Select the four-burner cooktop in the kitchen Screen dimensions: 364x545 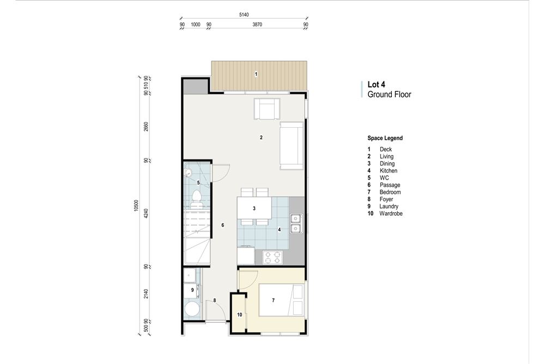coord(272,257)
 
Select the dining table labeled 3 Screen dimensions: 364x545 coord(254,208)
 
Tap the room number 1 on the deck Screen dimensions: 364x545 coord(256,74)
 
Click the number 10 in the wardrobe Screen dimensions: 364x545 coord(239,315)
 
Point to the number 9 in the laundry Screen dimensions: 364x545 coord(192,290)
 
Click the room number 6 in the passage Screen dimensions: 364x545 coord(222,225)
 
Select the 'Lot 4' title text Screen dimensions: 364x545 coord(376,85)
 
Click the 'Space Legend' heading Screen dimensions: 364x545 coord(385,138)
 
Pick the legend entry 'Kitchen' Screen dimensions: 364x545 coord(388,171)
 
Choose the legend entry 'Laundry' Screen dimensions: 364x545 coord(389,206)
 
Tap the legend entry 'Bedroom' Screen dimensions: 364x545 coord(390,192)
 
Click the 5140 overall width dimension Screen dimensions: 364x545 coord(244,15)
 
